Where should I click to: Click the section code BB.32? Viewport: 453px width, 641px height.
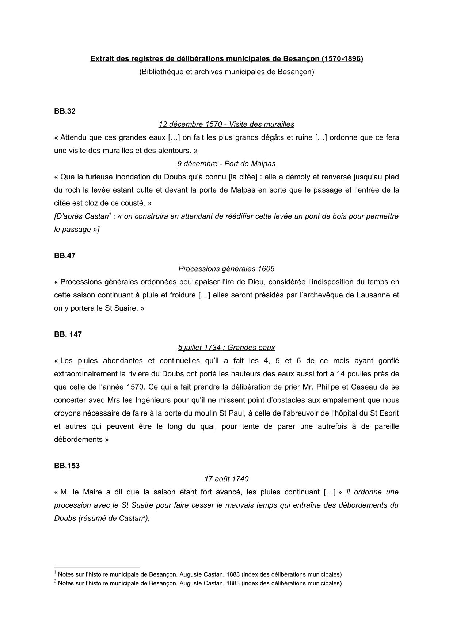pyautogui.click(x=65, y=111)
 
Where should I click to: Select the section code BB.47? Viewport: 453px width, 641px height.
pyautogui.click(x=65, y=256)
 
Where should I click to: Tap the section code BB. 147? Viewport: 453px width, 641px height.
pyautogui.click(x=68, y=334)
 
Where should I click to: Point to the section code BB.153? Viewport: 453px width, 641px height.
pyautogui.click(x=67, y=466)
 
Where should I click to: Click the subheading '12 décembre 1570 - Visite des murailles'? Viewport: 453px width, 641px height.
pyautogui.click(x=226, y=125)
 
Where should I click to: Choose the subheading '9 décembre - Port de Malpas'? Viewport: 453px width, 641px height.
pyautogui.click(x=226, y=164)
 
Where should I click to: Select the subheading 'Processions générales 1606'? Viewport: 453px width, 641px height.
pyautogui.click(x=226, y=269)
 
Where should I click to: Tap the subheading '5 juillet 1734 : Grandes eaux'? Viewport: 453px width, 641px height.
pyautogui.click(x=226, y=348)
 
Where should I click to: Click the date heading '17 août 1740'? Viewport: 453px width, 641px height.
pyautogui.click(x=226, y=479)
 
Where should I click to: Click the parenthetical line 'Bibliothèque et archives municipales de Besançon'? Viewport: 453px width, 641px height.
pyautogui.click(x=226, y=72)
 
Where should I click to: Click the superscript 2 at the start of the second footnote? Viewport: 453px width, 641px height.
pyautogui.click(x=55, y=581)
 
